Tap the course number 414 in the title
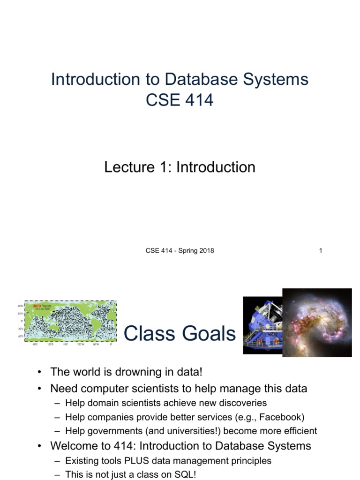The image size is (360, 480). click(197, 100)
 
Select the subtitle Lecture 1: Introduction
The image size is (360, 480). click(180, 167)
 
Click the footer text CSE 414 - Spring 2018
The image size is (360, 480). click(180, 251)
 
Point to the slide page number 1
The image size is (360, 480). click(321, 251)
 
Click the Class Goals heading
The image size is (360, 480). click(180, 334)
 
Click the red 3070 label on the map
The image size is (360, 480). click(37, 306)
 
